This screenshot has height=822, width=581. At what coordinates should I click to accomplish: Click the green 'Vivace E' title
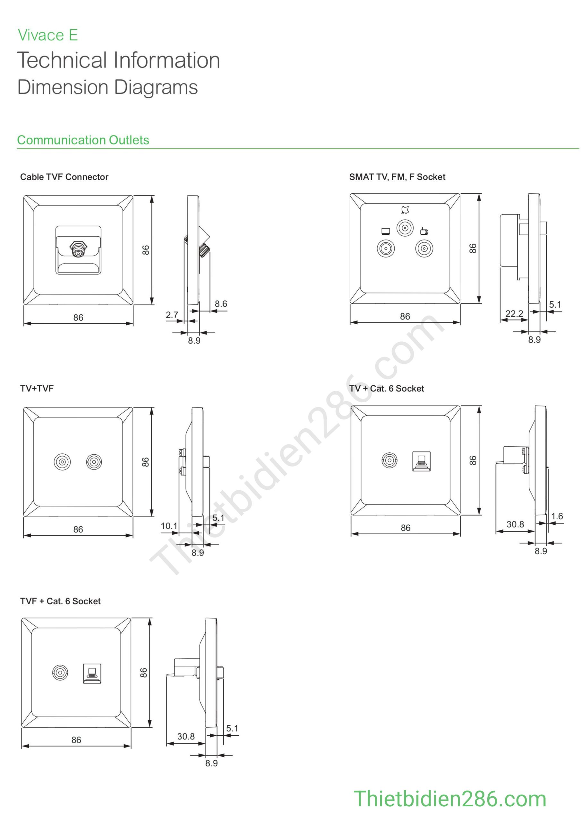(48, 35)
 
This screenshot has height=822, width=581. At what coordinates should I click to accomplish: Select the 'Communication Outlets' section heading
(83, 140)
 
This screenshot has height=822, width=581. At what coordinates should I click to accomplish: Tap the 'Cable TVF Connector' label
(64, 177)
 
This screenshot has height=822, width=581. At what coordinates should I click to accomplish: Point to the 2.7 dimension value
(172, 315)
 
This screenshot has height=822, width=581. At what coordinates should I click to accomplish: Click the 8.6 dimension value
(221, 304)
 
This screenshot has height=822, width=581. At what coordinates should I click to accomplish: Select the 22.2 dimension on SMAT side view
(514, 314)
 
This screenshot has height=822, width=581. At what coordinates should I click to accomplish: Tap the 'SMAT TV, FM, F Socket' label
(397, 177)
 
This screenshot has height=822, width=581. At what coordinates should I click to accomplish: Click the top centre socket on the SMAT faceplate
(405, 228)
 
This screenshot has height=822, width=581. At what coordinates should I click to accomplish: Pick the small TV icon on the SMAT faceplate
(386, 231)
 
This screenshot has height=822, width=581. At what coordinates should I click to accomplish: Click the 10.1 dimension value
(169, 526)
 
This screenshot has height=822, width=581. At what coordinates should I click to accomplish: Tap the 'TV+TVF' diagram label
(37, 389)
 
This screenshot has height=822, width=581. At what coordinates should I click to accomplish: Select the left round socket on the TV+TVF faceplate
(62, 462)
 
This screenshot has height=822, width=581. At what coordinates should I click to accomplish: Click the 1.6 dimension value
(557, 516)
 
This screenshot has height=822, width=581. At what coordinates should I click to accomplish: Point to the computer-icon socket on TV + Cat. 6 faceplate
(422, 461)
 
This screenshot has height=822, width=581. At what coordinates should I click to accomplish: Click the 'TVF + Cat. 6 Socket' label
(60, 601)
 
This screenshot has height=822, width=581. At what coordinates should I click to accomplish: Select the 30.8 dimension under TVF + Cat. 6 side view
(186, 737)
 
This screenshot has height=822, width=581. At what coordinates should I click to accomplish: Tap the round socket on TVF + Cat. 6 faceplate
(60, 673)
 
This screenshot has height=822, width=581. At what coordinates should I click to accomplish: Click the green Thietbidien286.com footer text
(450, 799)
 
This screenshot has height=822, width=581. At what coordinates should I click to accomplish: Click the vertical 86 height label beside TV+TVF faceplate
(145, 462)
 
